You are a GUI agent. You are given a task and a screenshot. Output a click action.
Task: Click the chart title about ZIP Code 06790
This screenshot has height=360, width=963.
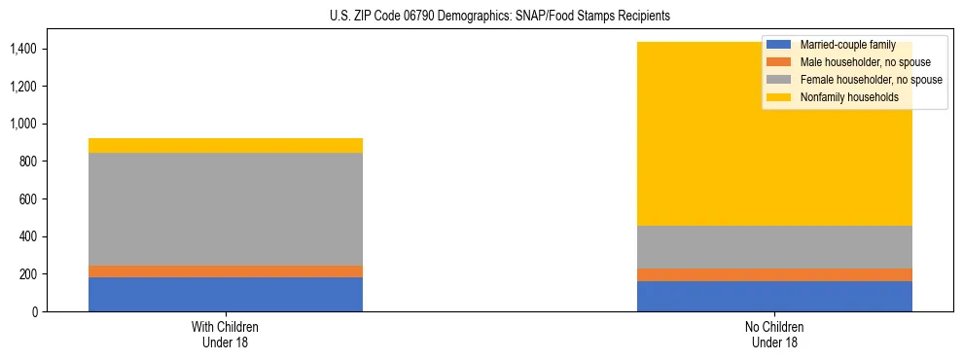coord(481,17)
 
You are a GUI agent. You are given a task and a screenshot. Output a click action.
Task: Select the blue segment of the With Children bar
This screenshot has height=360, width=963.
coord(226,294)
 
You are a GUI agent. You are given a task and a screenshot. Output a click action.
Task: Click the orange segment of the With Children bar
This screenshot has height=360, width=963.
coord(226,271)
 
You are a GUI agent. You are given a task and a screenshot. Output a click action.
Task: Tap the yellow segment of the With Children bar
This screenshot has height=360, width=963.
coord(226,146)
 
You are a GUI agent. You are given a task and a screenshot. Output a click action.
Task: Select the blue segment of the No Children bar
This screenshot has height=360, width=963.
coord(774,296)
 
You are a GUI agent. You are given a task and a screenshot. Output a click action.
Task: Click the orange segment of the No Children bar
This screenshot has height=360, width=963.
coord(774,274)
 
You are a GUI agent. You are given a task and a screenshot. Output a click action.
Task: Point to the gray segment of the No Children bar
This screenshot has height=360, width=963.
coord(774,247)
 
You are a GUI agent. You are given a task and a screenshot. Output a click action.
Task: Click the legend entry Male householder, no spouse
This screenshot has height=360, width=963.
coord(856,62)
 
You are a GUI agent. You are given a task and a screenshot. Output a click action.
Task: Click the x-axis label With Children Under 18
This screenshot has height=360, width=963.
coord(226,335)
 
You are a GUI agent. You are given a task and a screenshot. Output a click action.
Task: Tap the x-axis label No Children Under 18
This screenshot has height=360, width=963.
coord(774,335)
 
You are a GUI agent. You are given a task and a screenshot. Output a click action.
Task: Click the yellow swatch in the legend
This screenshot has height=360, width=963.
coord(779,97)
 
